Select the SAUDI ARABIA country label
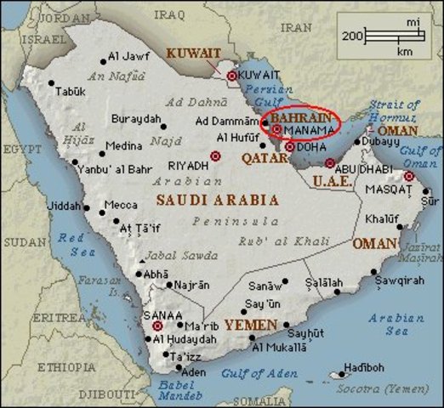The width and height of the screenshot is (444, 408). pos(217,200)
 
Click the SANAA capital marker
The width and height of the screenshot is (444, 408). pos(157,326)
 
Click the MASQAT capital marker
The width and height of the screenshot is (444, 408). pos(408,176)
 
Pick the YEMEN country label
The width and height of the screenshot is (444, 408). pos(251,326)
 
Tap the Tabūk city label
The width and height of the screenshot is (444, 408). pos(70,91)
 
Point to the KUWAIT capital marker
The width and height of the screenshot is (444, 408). pos(231,76)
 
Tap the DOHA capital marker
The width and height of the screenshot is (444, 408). pos(290,147)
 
